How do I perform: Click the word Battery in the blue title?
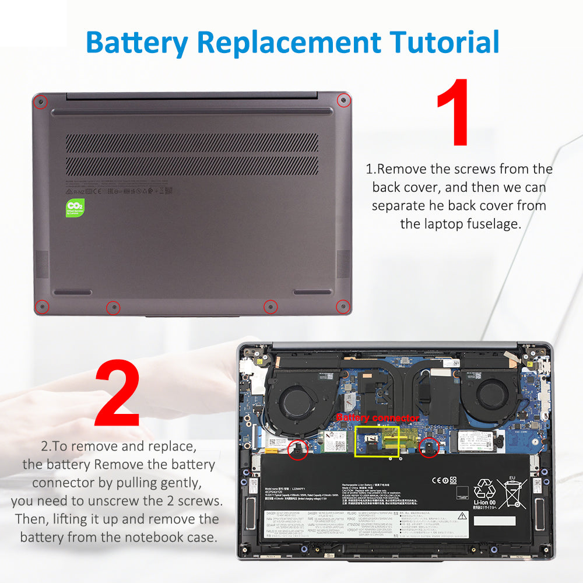138,42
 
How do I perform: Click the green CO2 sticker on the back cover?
75,208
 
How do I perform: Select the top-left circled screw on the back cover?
40,102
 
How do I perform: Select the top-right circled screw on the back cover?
343,100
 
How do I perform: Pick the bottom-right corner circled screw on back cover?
343,305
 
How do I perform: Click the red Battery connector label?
377,418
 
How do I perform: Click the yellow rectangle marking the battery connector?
377,441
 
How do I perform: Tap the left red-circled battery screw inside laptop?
298,448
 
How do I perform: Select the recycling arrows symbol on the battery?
484,489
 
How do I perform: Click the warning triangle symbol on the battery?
462,515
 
